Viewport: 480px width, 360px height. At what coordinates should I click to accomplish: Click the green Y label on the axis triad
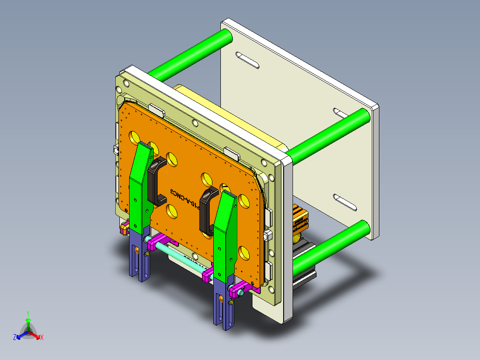[28, 313]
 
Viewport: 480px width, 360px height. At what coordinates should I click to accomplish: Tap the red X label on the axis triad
[41, 338]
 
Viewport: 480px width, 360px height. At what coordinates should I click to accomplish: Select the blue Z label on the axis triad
[15, 338]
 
